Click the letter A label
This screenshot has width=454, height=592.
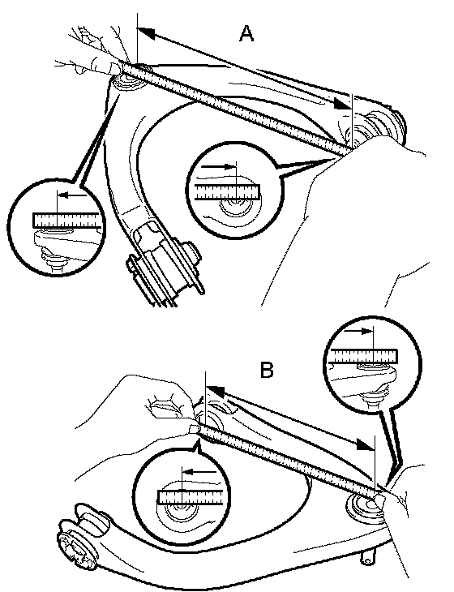point(246,33)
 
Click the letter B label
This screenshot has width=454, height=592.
point(267,370)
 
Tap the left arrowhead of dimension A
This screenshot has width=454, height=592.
point(147,33)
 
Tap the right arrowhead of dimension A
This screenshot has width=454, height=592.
point(343,103)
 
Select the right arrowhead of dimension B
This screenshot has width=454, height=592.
point(366,444)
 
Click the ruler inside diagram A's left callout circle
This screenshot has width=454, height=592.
point(67,220)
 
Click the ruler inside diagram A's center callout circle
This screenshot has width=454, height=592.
point(228,192)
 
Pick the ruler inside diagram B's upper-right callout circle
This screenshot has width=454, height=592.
point(363,356)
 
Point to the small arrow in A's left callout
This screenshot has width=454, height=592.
point(72,195)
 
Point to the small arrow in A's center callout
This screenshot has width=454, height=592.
point(219,166)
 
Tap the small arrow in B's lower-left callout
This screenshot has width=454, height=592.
point(199,471)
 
